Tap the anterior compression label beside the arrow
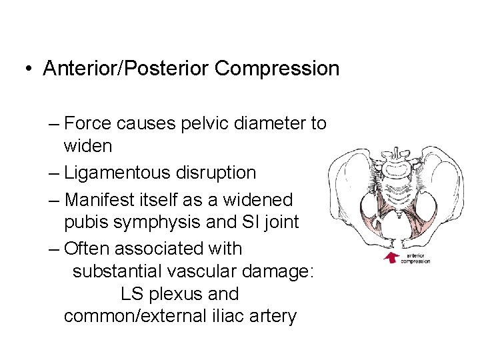(415, 257)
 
